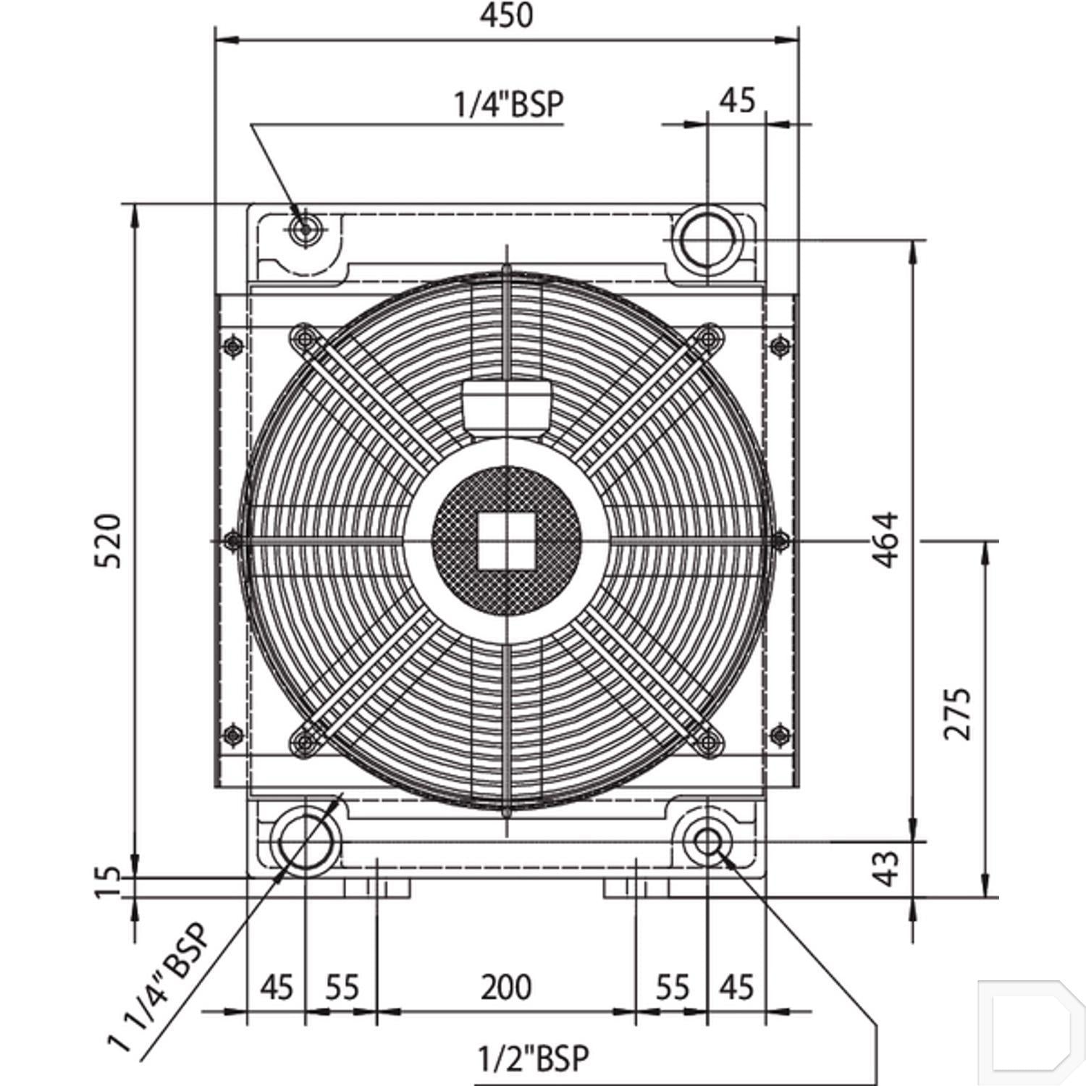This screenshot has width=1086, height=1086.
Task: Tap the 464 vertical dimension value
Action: point(885,540)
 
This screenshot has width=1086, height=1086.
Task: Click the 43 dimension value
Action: point(886,867)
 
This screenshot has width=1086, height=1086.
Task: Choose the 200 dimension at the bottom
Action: point(506,987)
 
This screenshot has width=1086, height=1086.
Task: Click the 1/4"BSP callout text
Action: point(508,104)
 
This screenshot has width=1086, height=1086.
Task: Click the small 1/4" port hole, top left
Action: point(305,229)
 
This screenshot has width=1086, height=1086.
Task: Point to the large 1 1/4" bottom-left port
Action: point(305,843)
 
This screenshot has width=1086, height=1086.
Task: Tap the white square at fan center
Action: point(506,541)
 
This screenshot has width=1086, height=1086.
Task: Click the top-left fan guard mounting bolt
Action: point(304,336)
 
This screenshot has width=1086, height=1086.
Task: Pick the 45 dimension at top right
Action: point(737,100)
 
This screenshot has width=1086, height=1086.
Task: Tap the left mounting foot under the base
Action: point(376,888)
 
